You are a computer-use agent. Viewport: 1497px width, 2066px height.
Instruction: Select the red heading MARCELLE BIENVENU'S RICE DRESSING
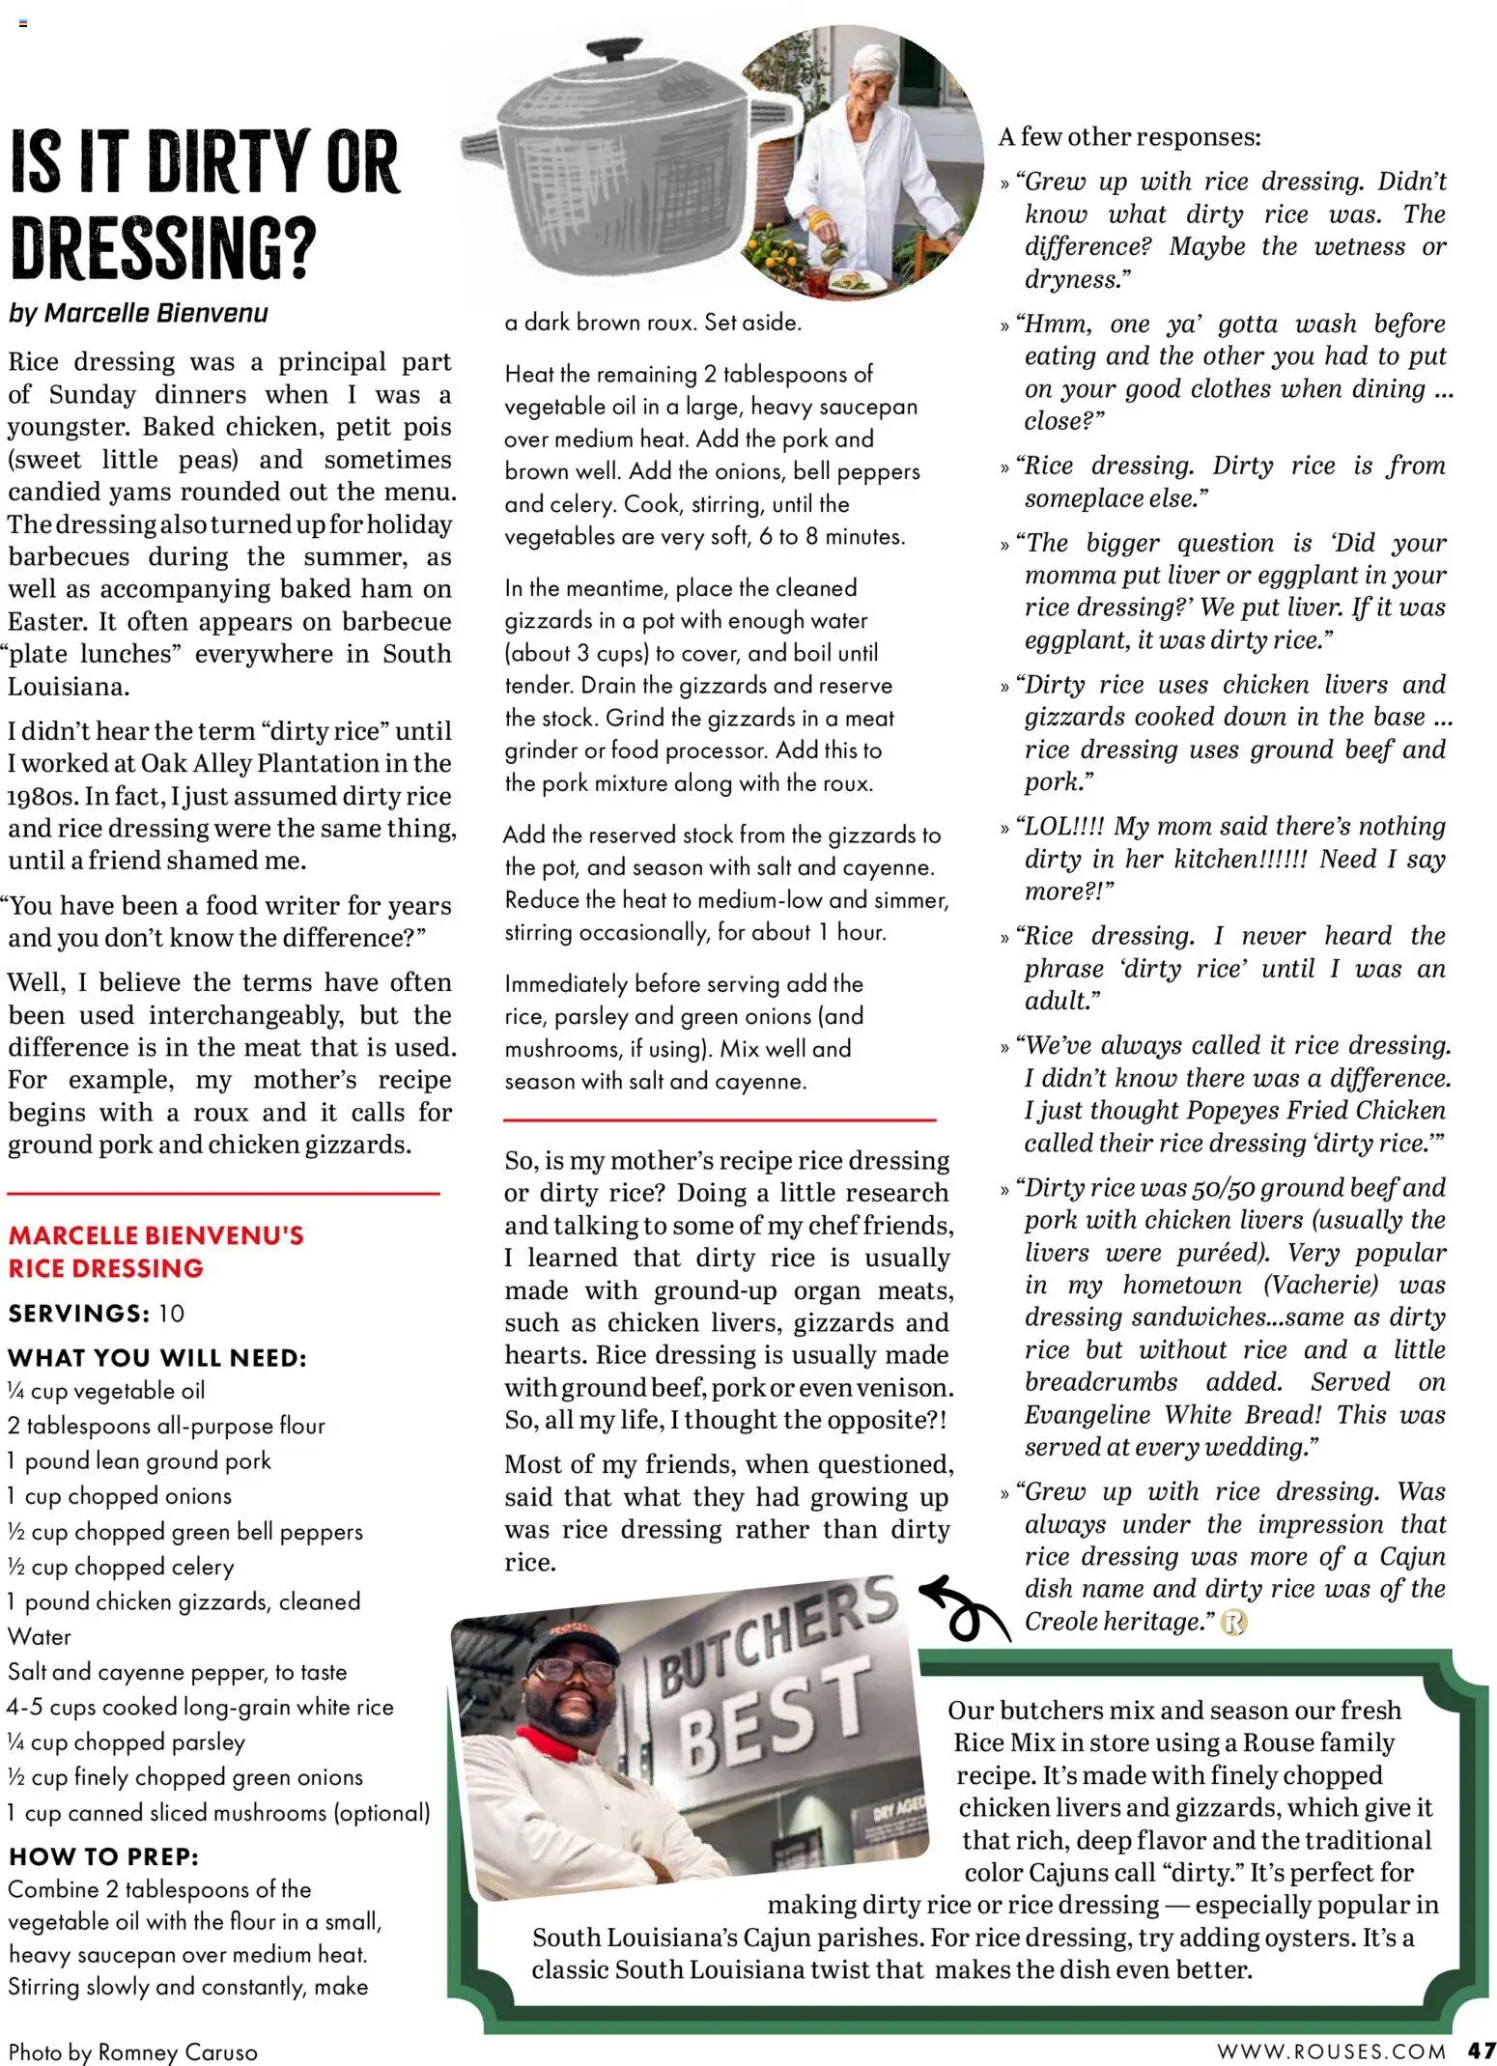pyautogui.click(x=155, y=1251)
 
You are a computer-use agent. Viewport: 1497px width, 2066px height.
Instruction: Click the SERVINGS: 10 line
pyautogui.click(x=97, y=1314)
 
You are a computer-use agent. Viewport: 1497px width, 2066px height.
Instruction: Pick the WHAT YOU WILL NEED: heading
pyautogui.click(x=157, y=1358)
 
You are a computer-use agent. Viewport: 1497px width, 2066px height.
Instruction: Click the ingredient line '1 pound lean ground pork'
pyautogui.click(x=139, y=1460)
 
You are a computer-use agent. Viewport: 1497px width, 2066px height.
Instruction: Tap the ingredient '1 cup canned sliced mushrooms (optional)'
pyautogui.click(x=218, y=1812)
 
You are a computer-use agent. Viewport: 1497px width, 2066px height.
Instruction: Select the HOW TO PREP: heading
pyautogui.click(x=103, y=1856)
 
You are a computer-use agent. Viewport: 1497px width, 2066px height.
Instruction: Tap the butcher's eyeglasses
pyautogui.click(x=564, y=1669)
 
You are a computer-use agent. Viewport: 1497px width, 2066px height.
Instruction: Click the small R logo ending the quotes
pyautogui.click(x=1233, y=1623)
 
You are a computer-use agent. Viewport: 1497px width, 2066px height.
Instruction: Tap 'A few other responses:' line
pyautogui.click(x=1129, y=137)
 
